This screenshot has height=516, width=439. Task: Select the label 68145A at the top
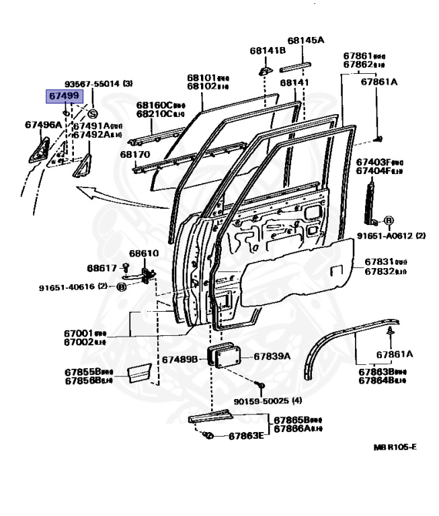pos(306,40)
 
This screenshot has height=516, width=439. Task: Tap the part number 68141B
pos(268,51)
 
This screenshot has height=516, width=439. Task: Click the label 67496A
pos(44,125)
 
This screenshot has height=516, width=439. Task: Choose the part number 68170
pos(135,155)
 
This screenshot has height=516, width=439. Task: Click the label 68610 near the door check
pos(143,253)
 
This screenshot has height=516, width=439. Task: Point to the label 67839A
pos(272,356)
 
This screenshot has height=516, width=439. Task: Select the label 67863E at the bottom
pos(246,436)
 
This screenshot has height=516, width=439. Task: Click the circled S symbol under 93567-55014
pos(93,113)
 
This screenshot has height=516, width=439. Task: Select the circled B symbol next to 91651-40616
pos(122,287)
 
